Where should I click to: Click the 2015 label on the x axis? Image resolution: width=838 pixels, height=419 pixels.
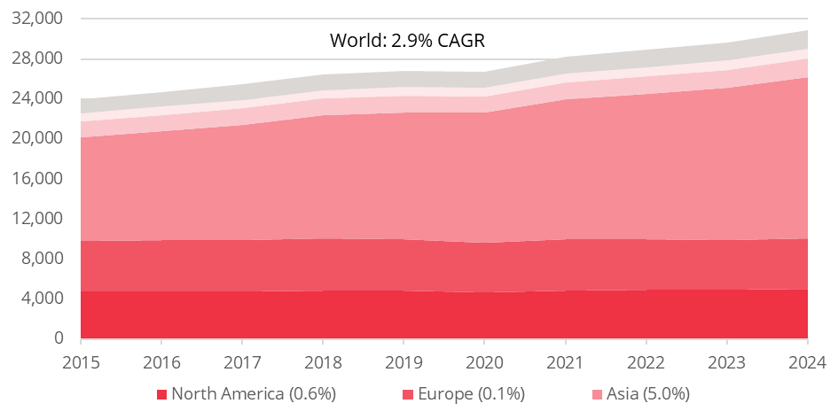[81, 362]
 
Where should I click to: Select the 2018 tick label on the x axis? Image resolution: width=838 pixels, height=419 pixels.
[323, 362]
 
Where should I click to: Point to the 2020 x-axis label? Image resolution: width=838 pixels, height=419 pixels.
[484, 362]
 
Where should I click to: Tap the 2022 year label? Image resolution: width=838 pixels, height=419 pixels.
[646, 362]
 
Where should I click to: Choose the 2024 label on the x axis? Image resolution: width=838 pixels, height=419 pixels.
[807, 362]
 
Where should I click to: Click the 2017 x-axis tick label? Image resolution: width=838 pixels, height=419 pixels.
[242, 362]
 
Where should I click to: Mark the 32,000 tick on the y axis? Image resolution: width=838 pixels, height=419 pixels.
[41, 18]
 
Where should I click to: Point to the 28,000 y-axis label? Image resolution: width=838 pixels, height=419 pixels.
[41, 58]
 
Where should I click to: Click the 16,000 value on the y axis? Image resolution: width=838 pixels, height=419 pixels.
[41, 178]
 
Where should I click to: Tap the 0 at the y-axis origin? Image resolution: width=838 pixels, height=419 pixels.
[59, 338]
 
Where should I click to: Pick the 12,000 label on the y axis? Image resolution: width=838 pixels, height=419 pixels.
[41, 218]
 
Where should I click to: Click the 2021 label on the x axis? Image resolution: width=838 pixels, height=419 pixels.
[565, 362]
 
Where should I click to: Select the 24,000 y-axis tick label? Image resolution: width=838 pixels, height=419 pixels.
[41, 97]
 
